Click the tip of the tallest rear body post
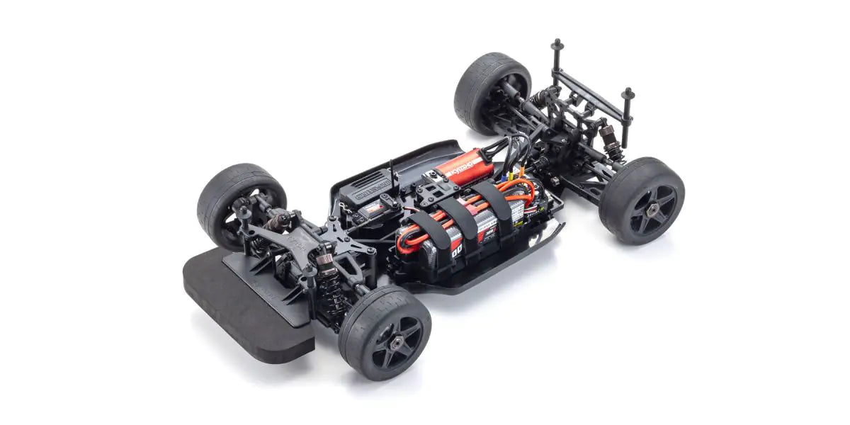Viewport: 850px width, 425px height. tap(556, 44)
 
